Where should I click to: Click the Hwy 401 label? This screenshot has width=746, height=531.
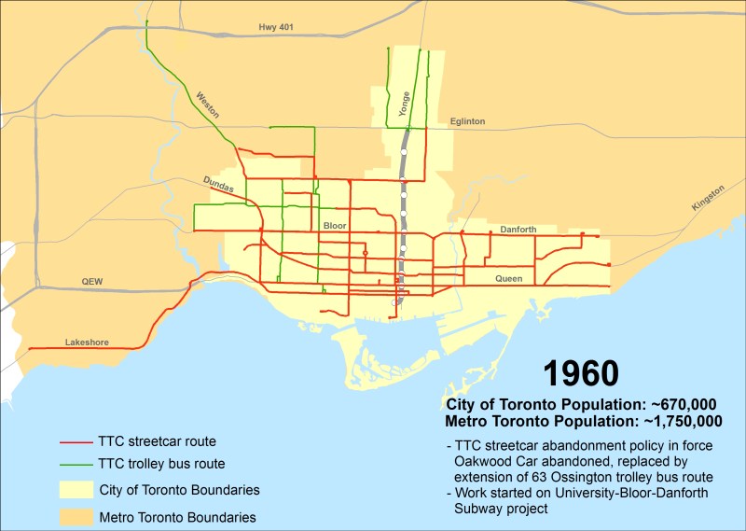(276, 28)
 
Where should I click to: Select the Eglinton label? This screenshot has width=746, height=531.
(467, 121)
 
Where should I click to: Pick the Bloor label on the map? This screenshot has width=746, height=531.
(335, 226)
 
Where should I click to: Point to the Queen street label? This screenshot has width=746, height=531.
(508, 278)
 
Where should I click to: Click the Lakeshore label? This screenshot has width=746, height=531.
(87, 342)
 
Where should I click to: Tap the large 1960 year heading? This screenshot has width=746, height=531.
(581, 373)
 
